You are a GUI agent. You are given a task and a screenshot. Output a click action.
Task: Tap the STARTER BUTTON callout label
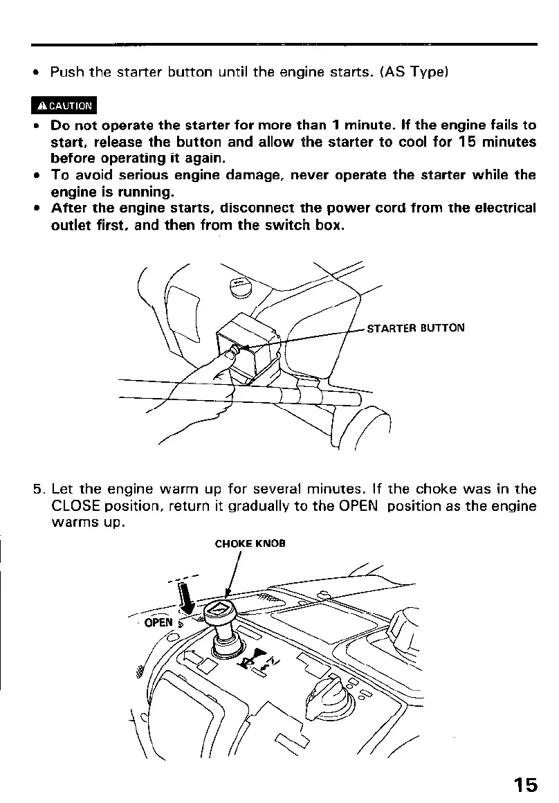tap(415, 328)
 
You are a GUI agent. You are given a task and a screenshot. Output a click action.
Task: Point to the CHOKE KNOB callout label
tap(250, 543)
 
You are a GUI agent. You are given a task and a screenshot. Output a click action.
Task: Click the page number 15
tap(525, 784)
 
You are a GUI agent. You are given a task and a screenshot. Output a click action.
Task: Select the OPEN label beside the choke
tap(158, 622)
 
